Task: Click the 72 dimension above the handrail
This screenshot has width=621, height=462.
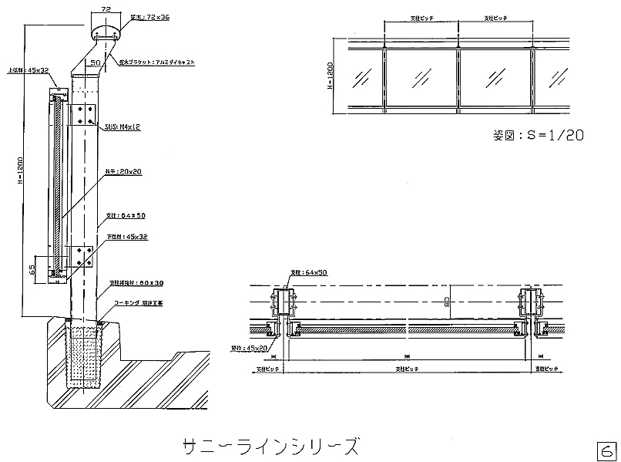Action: (x=106, y=9)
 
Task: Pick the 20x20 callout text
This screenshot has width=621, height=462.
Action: (x=123, y=173)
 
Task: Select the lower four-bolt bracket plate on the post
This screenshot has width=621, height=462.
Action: (x=81, y=258)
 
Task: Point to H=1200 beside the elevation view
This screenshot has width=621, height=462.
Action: (x=330, y=78)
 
